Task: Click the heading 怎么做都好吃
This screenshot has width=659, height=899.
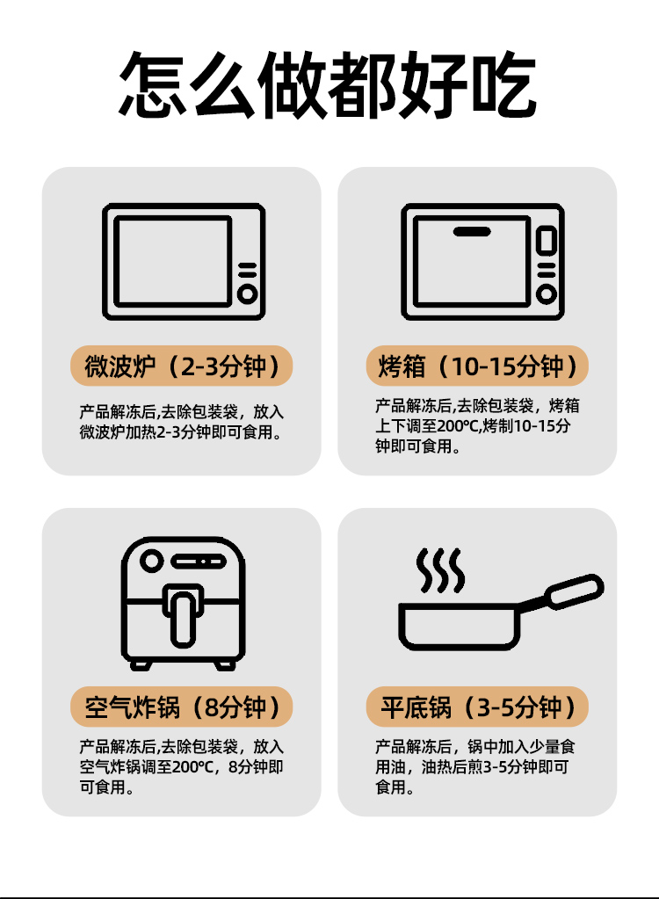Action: pyautogui.click(x=328, y=85)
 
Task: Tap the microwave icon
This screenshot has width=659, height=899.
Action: pyautogui.click(x=184, y=262)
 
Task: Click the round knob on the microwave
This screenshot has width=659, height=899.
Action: pyautogui.click(x=248, y=294)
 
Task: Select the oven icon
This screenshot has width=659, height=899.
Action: pyautogui.click(x=482, y=262)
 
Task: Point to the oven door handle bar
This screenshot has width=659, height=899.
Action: pyautogui.click(x=472, y=232)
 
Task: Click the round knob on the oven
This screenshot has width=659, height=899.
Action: pyautogui.click(x=547, y=294)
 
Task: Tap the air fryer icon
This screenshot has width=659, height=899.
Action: pyautogui.click(x=184, y=603)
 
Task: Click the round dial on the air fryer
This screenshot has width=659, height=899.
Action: pyautogui.click(x=152, y=561)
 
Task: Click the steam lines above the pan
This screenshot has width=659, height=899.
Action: pyautogui.click(x=440, y=570)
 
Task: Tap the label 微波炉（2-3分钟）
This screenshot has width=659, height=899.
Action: pyautogui.click(x=182, y=366)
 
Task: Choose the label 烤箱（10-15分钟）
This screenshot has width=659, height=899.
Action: pyautogui.click(x=477, y=366)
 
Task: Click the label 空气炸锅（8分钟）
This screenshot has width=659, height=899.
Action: pyautogui.click(x=182, y=707)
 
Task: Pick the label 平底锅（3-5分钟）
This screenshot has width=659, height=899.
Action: pyautogui.click(x=477, y=707)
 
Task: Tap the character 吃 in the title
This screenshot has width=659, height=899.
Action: pyautogui.click(x=503, y=85)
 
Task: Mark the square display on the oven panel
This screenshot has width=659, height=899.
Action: pyautogui.click(x=547, y=240)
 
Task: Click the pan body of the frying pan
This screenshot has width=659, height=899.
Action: pyautogui.click(x=459, y=626)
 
